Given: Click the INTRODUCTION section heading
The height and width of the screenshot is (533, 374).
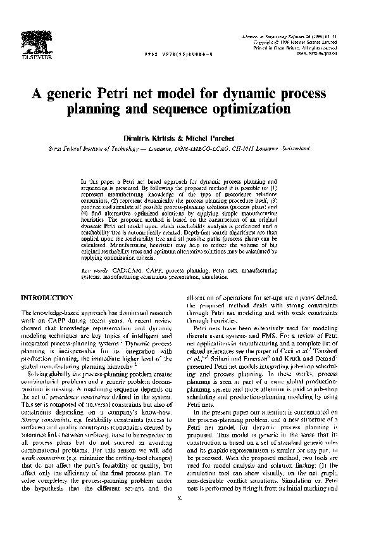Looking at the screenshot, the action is [48, 297].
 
